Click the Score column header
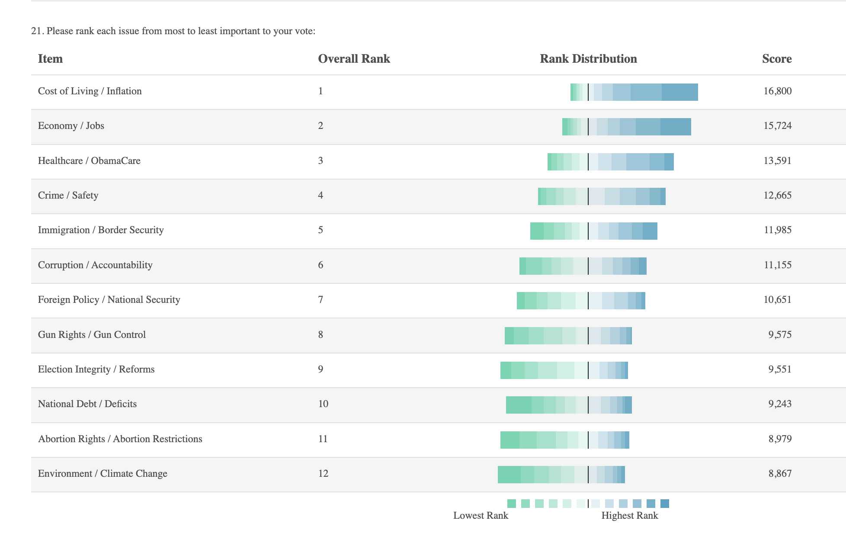(777, 59)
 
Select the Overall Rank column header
(354, 59)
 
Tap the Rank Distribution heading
(588, 59)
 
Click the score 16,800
(777, 91)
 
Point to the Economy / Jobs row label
(71, 126)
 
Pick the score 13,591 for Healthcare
(777, 161)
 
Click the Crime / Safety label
(68, 195)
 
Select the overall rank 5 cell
(320, 230)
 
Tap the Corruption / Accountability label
(95, 265)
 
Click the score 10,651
(777, 299)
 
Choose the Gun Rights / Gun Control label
(92, 334)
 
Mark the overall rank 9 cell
(320, 369)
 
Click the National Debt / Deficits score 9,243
(780, 404)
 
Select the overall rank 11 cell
(323, 439)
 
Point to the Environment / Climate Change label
(103, 473)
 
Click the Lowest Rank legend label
(481, 515)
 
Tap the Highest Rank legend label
(629, 515)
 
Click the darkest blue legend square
(665, 503)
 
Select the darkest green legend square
(512, 503)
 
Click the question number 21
(37, 31)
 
